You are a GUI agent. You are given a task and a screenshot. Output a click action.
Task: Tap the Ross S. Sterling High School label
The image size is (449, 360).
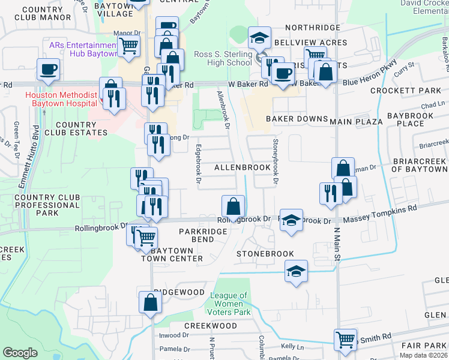pyautogui.click(x=223, y=58)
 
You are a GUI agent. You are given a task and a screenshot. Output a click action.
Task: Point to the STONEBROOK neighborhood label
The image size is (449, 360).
pyautogui.click(x=265, y=254)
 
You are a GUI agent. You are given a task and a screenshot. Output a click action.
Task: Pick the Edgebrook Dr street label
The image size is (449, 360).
pyautogui.click(x=197, y=166)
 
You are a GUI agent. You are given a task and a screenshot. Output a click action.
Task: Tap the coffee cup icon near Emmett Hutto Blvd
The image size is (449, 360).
pyautogui.click(x=48, y=69)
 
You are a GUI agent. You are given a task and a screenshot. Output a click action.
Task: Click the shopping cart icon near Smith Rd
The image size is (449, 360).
pyautogui.click(x=345, y=339)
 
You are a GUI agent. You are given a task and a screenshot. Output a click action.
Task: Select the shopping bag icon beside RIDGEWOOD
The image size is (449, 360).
pyautogui.click(x=150, y=303)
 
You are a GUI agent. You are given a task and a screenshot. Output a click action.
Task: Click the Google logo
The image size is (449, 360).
pyautogui.click(x=20, y=353)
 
